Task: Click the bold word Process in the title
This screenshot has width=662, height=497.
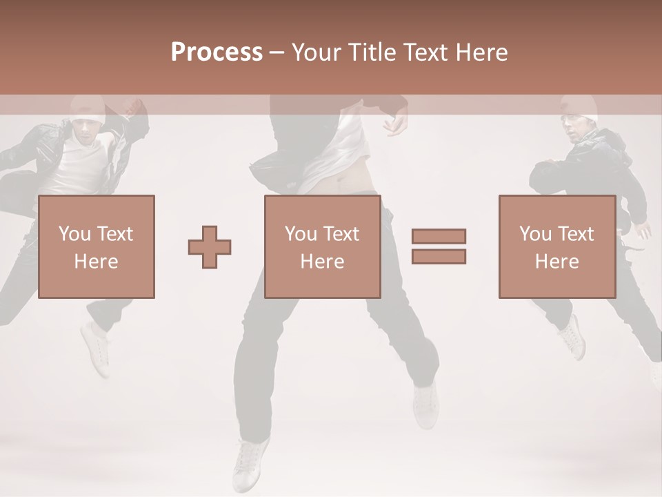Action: pos(217,52)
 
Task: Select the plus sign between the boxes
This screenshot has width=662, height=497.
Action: pos(210,247)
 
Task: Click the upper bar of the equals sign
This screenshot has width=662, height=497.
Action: pos(439,236)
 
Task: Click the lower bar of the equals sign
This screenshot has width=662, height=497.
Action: pos(439,257)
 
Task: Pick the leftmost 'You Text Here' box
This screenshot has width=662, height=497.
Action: pos(96,246)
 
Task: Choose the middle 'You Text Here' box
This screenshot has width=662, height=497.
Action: pos(322,246)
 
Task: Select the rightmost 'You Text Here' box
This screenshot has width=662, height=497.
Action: pos(556,246)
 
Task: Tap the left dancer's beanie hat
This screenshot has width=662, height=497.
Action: pos(88,108)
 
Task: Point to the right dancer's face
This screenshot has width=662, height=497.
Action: pos(574,130)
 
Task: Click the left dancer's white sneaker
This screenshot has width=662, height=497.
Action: pos(95,349)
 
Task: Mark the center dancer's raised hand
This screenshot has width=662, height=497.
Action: pos(396,124)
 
